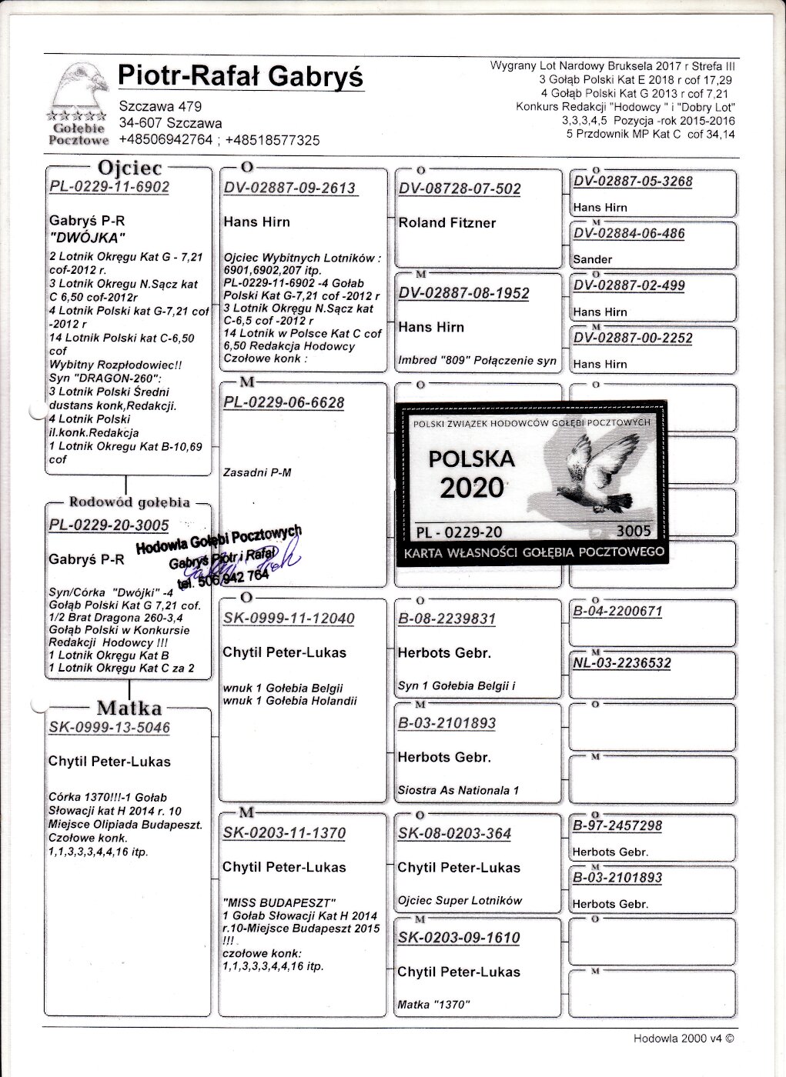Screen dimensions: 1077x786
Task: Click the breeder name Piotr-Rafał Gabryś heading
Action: (x=240, y=77)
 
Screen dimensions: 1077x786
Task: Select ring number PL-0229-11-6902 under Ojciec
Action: (x=109, y=187)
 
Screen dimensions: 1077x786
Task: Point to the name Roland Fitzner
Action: (x=447, y=223)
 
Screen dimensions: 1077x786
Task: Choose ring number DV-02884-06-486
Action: (x=629, y=234)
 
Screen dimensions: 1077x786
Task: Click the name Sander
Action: (x=593, y=259)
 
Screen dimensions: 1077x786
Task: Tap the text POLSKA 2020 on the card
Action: (x=471, y=472)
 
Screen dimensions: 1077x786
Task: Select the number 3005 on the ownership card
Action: (x=634, y=531)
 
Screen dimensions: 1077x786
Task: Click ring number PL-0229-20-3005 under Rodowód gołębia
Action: (x=109, y=525)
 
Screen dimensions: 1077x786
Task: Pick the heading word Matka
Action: (x=129, y=708)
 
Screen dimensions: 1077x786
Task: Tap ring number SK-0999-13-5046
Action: (x=109, y=728)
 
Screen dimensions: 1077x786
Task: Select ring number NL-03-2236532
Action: (x=622, y=663)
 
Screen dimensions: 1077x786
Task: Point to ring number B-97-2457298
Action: (x=617, y=826)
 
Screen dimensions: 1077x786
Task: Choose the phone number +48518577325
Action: (x=273, y=140)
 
